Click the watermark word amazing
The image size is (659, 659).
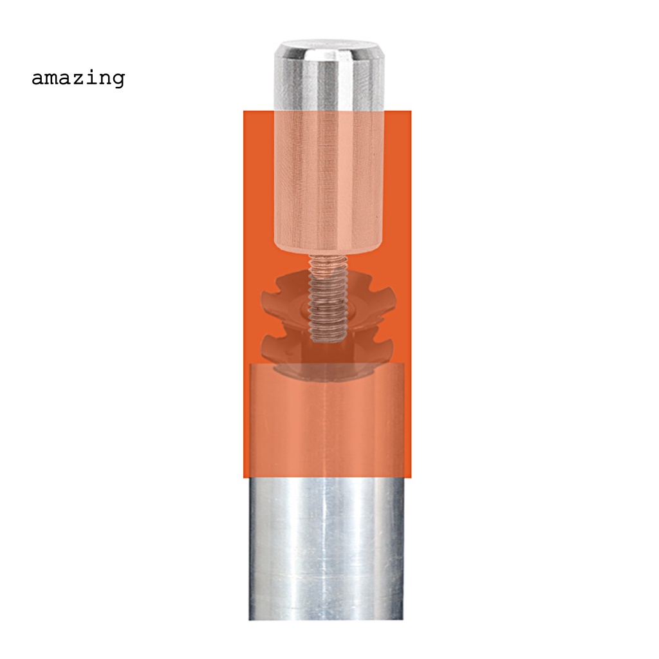[78, 79]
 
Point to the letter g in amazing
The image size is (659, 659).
[118, 80]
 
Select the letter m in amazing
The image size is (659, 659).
[53, 79]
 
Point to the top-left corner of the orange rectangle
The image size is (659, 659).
[244, 111]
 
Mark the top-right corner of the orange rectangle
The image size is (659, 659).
[410, 111]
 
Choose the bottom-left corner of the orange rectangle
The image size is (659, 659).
[244, 477]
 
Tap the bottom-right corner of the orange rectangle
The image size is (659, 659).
[410, 477]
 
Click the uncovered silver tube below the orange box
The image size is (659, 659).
[326, 547]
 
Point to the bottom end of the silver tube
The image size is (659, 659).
[326, 618]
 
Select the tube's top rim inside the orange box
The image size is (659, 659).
[326, 365]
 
